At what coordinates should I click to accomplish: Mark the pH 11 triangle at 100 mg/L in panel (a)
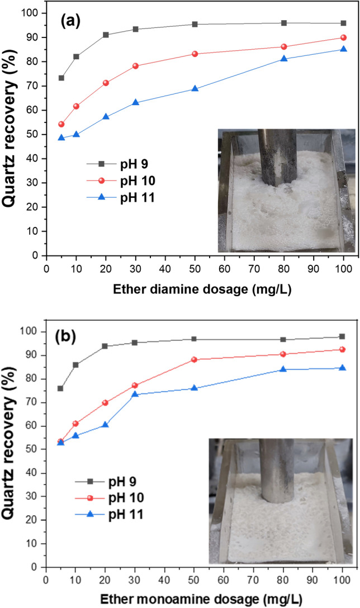pos(343,49)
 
